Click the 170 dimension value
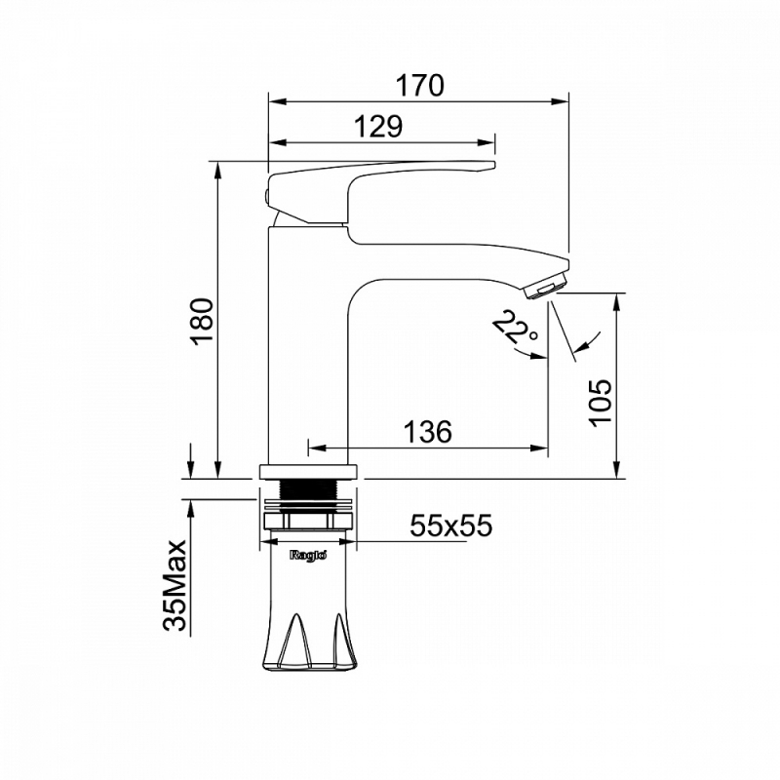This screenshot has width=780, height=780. pyautogui.click(x=419, y=86)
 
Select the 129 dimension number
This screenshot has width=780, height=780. pyautogui.click(x=378, y=127)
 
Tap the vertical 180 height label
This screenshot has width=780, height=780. pyautogui.click(x=203, y=321)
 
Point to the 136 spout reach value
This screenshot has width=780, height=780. pyautogui.click(x=427, y=431)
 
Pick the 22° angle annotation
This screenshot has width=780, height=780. pyautogui.click(x=516, y=328)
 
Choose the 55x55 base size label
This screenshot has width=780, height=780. pyautogui.click(x=450, y=526)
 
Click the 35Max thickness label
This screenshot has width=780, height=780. pyautogui.click(x=175, y=586)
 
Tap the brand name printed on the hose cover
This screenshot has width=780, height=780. pyautogui.click(x=308, y=555)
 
